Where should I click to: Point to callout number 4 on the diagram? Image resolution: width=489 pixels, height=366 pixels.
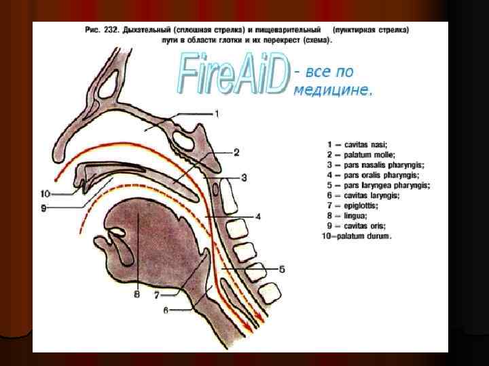coord(258,217)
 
